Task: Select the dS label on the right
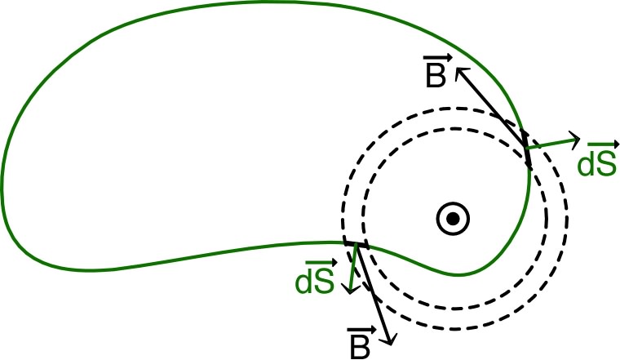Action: pyautogui.click(x=596, y=162)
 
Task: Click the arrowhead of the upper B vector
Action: pyautogui.click(x=458, y=70)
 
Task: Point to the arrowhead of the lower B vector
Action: pyautogui.click(x=391, y=340)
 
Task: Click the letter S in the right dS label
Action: pyautogui.click(x=604, y=164)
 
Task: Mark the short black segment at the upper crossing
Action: pyautogui.click(x=528, y=153)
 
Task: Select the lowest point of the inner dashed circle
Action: pyautogui.click(x=466, y=309)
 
